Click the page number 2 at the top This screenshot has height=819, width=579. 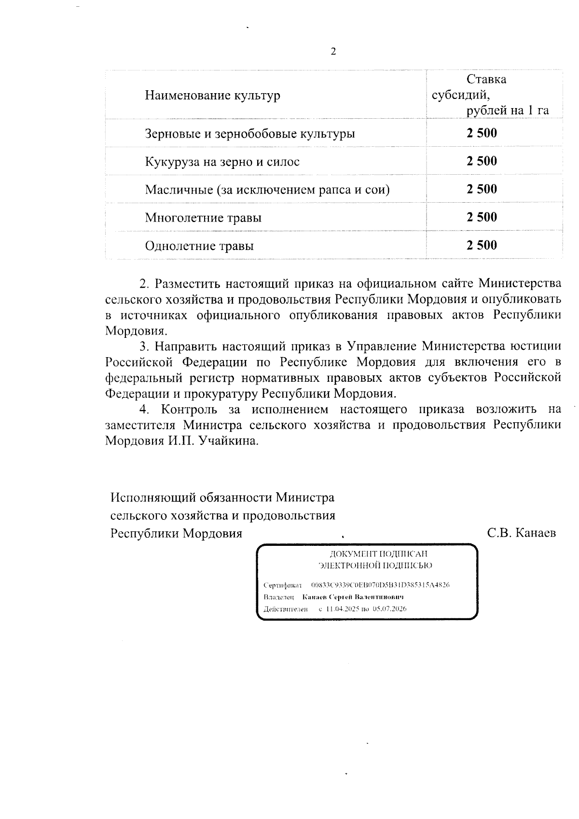point(332,52)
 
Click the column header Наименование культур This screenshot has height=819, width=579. point(212,96)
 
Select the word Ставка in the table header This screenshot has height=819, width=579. point(486,79)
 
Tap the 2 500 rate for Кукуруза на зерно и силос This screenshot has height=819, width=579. point(482,161)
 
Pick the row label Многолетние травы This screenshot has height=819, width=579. point(203,218)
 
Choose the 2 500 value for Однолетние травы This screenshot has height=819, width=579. point(482,245)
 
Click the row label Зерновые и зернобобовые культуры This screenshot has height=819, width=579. point(250,134)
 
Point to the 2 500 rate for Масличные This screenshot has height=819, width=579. point(482,189)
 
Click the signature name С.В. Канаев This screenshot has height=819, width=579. point(522,533)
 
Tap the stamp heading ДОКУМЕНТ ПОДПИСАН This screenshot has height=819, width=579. point(372,554)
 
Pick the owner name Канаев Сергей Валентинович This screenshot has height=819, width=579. point(353,597)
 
